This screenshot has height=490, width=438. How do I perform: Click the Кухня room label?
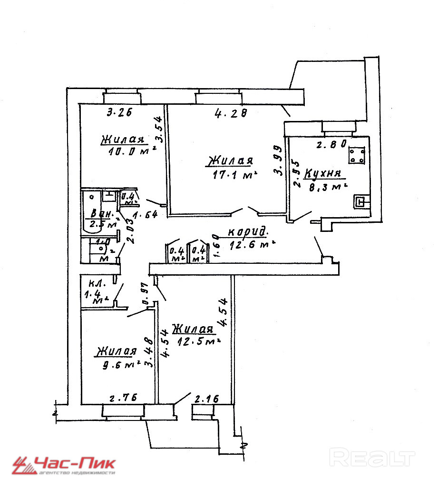click(x=323, y=173)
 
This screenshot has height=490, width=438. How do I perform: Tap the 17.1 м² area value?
click(x=235, y=175)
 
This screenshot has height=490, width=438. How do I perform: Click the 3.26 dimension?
click(x=119, y=113)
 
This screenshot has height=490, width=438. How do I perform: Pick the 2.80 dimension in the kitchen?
click(x=331, y=145)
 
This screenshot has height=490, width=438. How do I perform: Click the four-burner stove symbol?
click(x=356, y=154)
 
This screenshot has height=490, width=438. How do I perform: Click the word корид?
click(x=247, y=232)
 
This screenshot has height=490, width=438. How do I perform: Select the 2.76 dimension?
click(x=120, y=398)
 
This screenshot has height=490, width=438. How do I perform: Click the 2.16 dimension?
click(x=207, y=399)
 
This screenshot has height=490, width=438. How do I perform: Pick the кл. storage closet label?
click(x=90, y=282)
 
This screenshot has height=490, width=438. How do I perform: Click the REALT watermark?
click(x=371, y=458)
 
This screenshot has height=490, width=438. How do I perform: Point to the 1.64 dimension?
click(x=145, y=215)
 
